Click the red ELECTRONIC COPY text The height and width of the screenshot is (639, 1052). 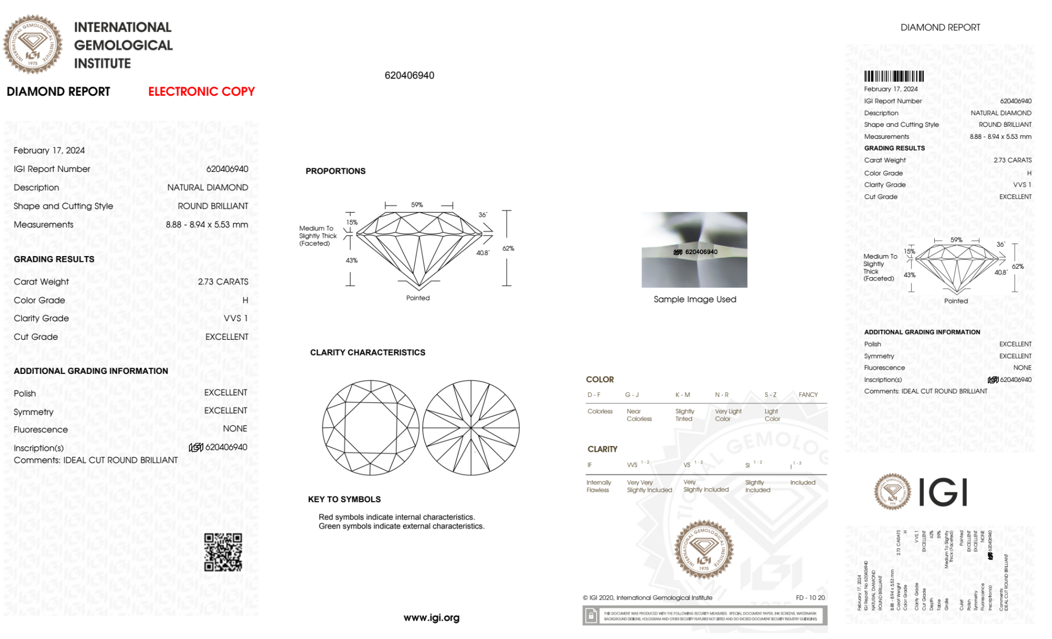201,92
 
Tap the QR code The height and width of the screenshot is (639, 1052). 223,552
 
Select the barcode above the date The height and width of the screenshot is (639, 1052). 894,76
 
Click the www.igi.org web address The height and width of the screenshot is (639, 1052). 431,617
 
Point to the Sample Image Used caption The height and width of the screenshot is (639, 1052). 694,299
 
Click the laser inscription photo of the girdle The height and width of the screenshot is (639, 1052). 694,250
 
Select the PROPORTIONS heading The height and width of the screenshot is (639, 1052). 335,171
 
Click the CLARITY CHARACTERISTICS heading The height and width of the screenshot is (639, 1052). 367,352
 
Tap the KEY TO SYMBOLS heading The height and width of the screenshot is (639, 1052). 344,499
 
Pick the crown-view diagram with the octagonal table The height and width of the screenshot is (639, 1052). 371,428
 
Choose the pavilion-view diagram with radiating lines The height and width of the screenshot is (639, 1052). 471,428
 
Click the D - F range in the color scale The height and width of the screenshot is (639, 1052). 594,394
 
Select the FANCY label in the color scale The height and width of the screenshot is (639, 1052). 808,394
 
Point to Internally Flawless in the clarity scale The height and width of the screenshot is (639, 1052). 598,486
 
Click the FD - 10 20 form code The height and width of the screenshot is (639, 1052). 810,597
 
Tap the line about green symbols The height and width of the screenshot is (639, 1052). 401,526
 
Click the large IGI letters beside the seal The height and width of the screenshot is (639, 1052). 943,492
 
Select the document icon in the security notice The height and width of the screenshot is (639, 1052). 591,615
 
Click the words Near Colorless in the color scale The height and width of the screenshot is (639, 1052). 639,415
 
